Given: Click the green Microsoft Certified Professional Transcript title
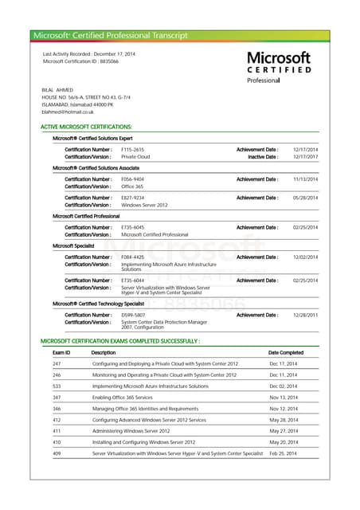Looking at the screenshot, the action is (111, 36).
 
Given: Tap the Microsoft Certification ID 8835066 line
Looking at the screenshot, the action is (80, 61).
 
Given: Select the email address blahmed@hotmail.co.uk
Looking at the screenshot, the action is (67, 112).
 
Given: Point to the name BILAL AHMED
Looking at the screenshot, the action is (57, 90).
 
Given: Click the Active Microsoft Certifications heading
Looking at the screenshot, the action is (86, 127).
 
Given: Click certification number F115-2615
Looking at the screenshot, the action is (132, 150).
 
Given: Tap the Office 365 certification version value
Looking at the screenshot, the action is (132, 186).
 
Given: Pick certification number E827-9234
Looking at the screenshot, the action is (132, 198).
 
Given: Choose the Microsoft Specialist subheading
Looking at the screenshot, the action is (74, 246).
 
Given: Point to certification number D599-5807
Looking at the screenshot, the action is (132, 315).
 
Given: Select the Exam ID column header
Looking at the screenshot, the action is (61, 352).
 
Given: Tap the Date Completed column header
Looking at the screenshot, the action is (285, 352).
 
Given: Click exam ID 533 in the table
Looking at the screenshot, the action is (57, 386).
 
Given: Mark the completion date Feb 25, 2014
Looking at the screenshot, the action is (283, 453).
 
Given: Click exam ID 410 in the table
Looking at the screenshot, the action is (57, 441).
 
